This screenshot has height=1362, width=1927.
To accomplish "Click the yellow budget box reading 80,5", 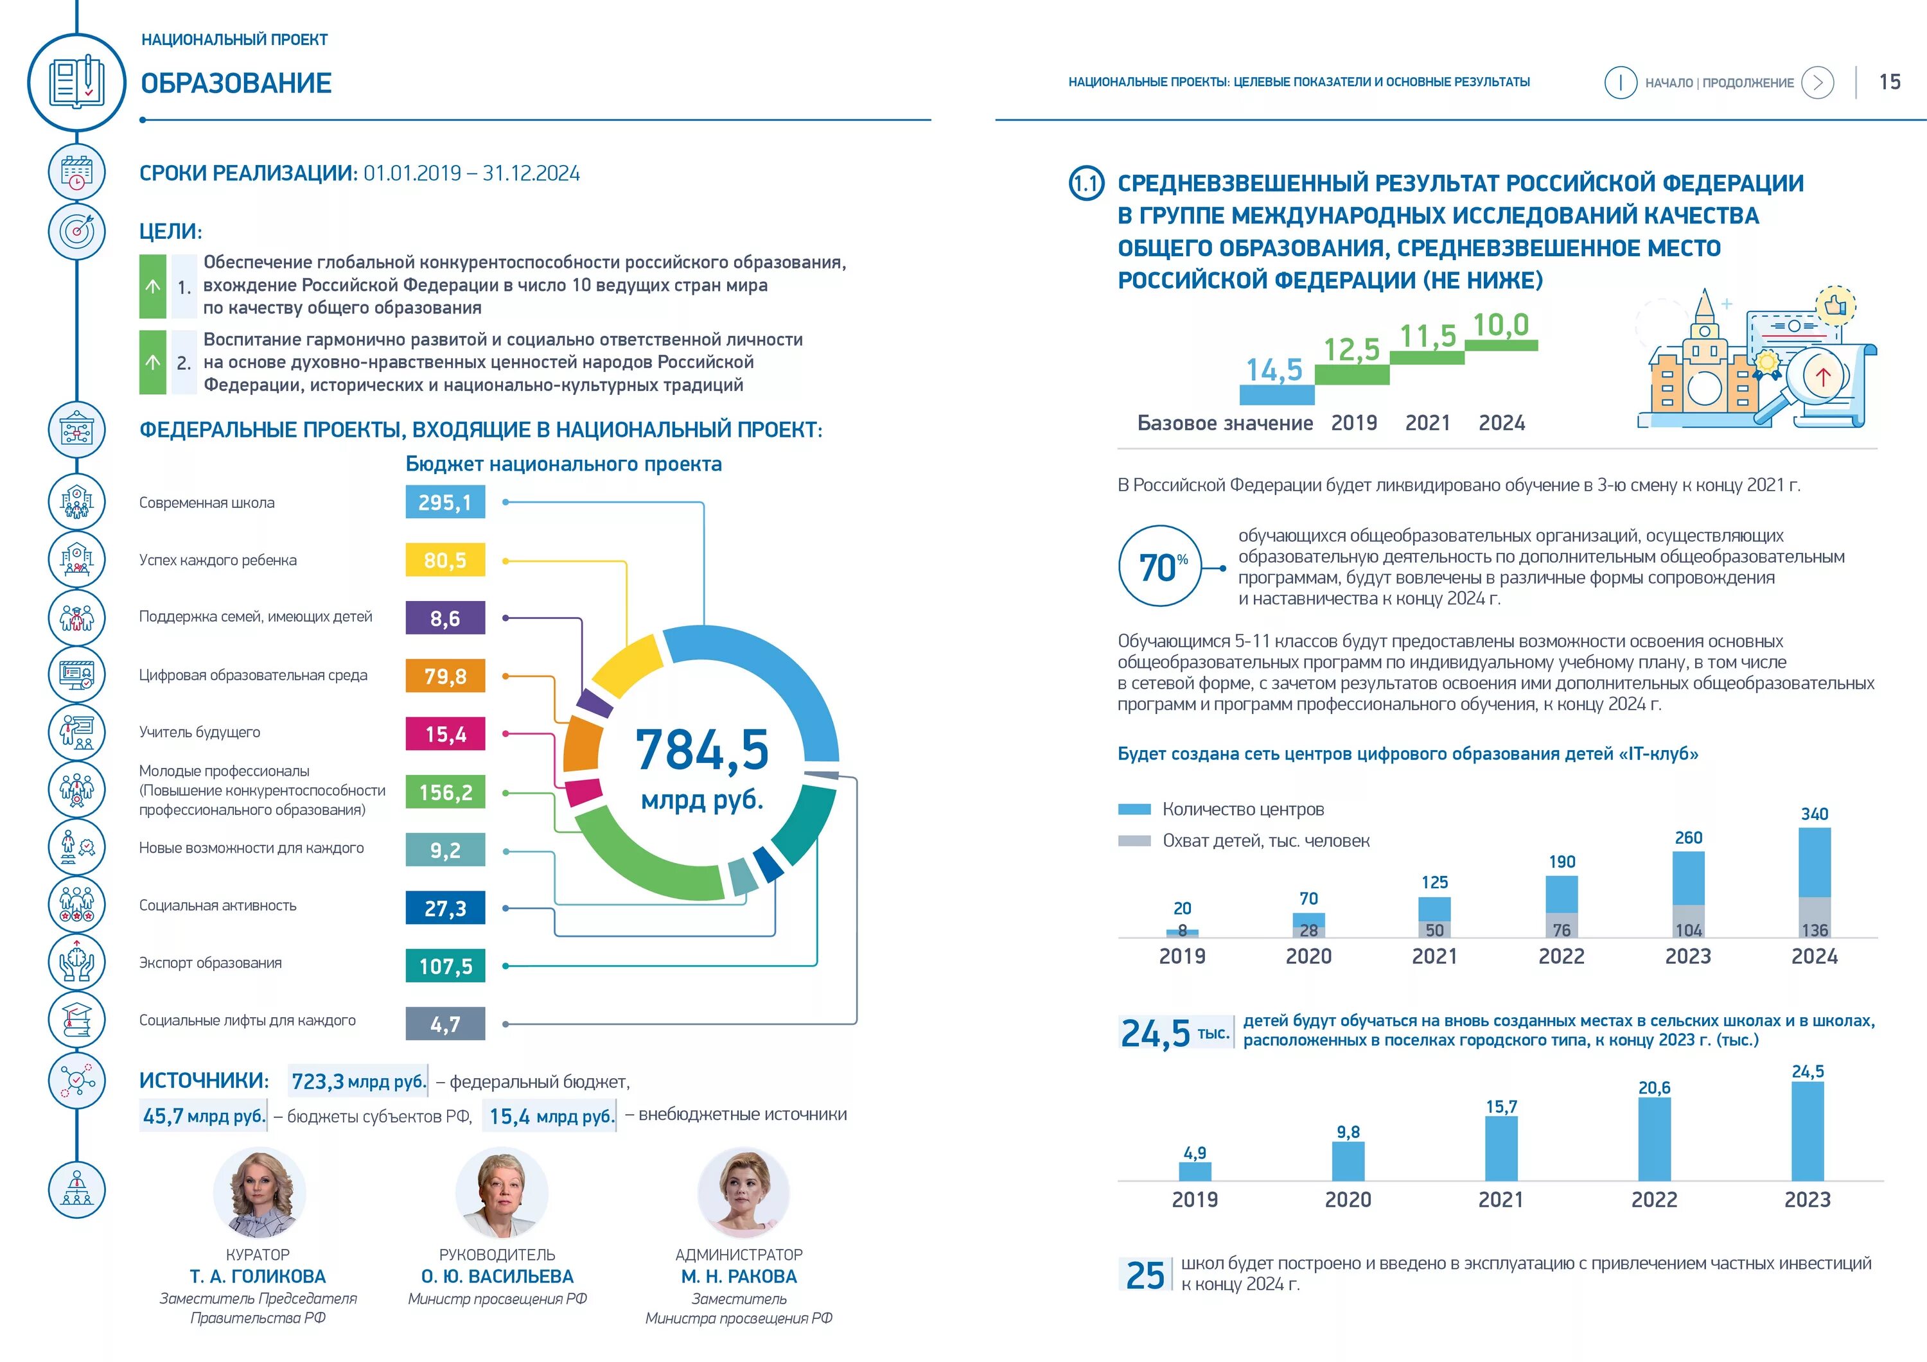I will pos(445,560).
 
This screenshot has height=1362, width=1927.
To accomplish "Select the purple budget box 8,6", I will pos(445,618).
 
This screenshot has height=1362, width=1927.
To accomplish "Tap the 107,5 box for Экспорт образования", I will pos(445,966).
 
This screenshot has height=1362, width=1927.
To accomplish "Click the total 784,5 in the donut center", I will pos(701,749).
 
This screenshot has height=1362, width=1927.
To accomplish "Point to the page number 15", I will pos(1889,82).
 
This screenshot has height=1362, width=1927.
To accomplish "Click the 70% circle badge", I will pos(1160,566).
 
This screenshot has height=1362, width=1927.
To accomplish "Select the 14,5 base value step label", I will pos(1273,370).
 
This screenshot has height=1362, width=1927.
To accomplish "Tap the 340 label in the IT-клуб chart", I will pos(1814,814).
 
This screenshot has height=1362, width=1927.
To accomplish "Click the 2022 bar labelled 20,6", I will pos(1653,1138).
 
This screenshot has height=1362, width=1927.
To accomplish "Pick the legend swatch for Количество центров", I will pos(1134,809).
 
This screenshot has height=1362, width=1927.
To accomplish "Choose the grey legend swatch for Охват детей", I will pos(1134,841).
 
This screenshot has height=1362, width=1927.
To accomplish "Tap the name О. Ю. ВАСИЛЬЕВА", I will pos(497,1277).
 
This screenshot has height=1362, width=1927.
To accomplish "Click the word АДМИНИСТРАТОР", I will pos(739,1255).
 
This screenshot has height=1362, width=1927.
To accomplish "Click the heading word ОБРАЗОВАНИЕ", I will pos(236,83).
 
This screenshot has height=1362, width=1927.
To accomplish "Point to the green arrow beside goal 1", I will pos(153,286).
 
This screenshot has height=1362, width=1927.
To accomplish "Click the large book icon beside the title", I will pos(76,82).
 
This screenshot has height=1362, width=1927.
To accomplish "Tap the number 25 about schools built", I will pos(1145,1275).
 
